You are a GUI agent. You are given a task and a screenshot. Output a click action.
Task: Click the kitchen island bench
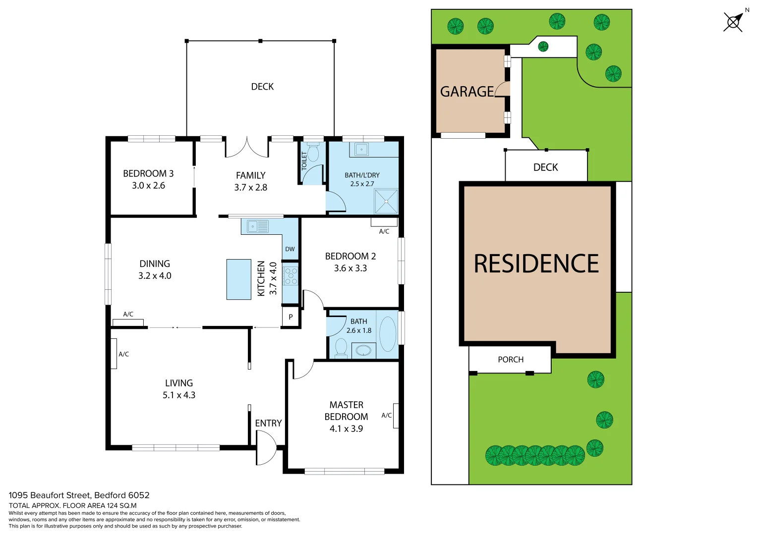click(238, 279)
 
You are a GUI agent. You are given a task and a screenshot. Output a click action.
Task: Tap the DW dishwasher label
click(290, 249)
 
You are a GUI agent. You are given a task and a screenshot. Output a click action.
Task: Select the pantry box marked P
click(291, 317)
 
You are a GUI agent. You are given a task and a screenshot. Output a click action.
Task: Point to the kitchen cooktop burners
click(291, 276)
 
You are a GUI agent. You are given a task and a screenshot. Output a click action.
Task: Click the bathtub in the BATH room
click(387, 334)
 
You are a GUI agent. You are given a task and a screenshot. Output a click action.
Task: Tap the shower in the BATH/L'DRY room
click(386, 202)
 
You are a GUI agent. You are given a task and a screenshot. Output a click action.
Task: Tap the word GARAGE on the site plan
click(467, 92)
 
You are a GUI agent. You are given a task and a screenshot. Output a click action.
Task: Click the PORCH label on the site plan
click(511, 360)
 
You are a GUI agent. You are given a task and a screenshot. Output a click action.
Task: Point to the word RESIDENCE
click(536, 264)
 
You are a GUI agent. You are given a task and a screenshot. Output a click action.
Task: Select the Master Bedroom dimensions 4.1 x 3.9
click(346, 429)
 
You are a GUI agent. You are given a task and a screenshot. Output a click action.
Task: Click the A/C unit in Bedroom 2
click(384, 222)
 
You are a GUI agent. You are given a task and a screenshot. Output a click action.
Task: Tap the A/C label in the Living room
click(124, 354)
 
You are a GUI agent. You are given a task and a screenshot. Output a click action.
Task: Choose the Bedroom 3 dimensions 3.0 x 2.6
click(148, 186)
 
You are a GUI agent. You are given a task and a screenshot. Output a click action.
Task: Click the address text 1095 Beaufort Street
click(50, 495)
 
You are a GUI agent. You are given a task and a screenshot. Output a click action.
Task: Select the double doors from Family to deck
click(247, 148)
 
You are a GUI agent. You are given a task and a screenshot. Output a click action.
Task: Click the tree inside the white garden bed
click(543, 47)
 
